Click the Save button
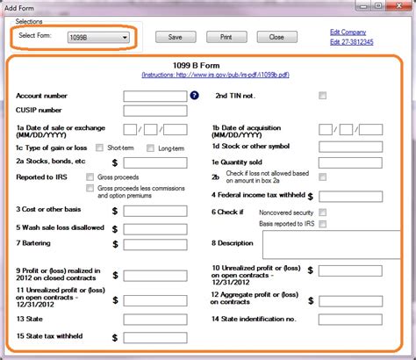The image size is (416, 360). click(x=174, y=38)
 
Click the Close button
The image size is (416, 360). click(x=276, y=38)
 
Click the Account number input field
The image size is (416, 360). click(x=154, y=95)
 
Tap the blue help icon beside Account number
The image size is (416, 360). click(x=194, y=95)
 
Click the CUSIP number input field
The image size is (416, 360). click(x=154, y=111)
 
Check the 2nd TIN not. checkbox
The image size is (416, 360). click(x=323, y=95)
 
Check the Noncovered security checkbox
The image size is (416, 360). click(x=323, y=212)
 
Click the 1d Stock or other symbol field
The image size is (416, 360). click(x=351, y=146)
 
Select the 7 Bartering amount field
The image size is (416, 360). click(x=160, y=243)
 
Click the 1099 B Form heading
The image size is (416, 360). click(x=208, y=64)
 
